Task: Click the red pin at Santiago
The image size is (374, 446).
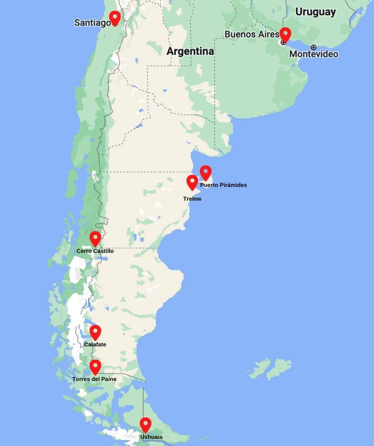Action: pyautogui.click(x=114, y=18)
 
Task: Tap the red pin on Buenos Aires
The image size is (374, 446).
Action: pyautogui.click(x=285, y=34)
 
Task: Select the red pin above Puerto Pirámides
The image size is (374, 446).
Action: pyautogui.click(x=206, y=172)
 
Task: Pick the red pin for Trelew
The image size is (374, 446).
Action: pyautogui.click(x=192, y=182)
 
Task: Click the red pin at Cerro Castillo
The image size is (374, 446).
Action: pyautogui.click(x=95, y=238)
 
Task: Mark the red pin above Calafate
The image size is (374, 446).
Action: pyautogui.click(x=95, y=332)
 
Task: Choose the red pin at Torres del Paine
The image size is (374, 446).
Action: pyautogui.click(x=95, y=366)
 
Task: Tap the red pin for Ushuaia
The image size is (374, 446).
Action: pyautogui.click(x=145, y=424)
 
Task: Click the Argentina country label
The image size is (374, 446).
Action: pyautogui.click(x=190, y=51)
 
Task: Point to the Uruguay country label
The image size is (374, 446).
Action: pyautogui.click(x=316, y=12)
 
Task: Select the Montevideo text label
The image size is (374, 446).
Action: pyautogui.click(x=314, y=54)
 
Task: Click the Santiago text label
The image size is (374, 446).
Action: pyautogui.click(x=93, y=23)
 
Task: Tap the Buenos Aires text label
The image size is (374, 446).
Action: pyautogui.click(x=252, y=34)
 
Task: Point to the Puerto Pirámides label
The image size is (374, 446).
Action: pyautogui.click(x=224, y=185)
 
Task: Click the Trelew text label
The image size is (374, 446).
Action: pyautogui.click(x=192, y=199)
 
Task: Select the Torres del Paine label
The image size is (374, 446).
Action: pyautogui.click(x=94, y=379)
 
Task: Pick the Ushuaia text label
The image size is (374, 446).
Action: pyautogui.click(x=151, y=437)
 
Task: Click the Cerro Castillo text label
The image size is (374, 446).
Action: pyautogui.click(x=95, y=251)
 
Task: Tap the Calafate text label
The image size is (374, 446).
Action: pyautogui.click(x=95, y=344)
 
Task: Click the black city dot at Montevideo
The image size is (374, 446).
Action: pyautogui.click(x=314, y=47)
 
